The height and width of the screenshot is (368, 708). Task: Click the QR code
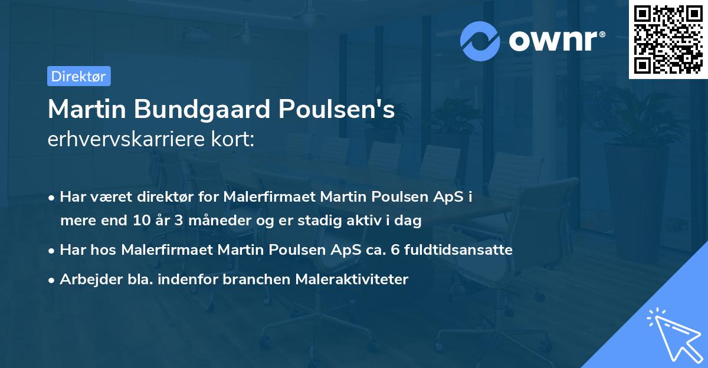pos(668,40)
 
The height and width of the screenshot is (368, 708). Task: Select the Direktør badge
pos(78,76)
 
